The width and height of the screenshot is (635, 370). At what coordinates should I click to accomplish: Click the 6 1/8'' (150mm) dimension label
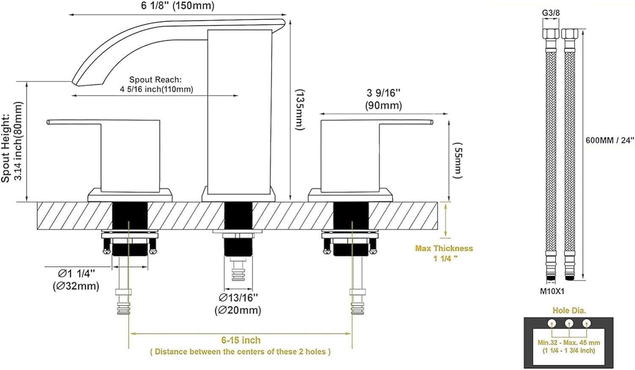coord(178,5)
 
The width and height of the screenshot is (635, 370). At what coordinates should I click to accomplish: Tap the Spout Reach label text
coord(156,79)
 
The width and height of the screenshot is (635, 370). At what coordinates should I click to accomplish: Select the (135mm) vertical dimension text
coord(300,110)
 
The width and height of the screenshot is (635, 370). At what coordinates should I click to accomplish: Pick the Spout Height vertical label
coord(6,148)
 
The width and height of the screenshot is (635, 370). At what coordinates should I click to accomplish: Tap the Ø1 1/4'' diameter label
coord(77,274)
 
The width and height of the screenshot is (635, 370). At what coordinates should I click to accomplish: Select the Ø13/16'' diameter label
coord(238,298)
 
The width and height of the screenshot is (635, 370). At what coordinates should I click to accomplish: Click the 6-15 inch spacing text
coord(241,340)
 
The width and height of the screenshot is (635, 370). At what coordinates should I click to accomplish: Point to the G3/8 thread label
coord(551,13)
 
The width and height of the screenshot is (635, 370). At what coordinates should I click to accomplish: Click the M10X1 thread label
coord(552,291)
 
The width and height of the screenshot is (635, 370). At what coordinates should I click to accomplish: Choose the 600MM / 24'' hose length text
coord(610,140)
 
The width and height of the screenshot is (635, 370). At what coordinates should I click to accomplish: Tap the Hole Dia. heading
coord(569,310)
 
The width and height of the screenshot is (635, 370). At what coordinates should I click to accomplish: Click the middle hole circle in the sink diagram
coord(569,323)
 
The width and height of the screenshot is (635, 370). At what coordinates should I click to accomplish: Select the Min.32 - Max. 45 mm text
coord(569,343)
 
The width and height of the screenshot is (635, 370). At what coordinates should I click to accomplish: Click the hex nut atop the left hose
coord(550,34)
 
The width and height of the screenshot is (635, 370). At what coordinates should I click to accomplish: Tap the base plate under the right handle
coord(351,195)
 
